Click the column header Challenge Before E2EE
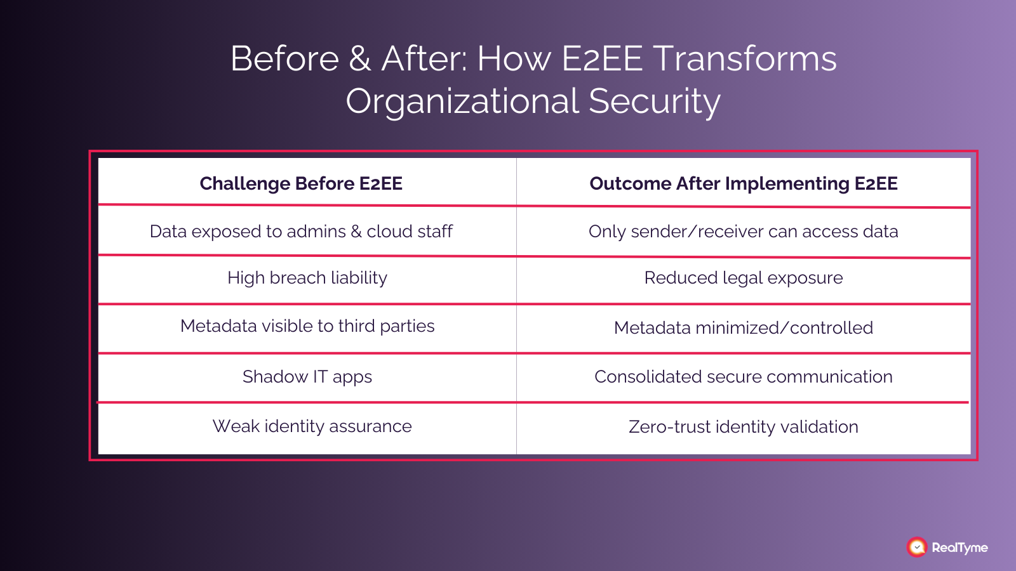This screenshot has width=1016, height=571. click(x=301, y=183)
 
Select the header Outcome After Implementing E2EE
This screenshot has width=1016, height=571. click(x=744, y=183)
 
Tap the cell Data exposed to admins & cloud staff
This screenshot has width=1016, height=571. click(x=301, y=232)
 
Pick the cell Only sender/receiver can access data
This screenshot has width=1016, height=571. click(x=744, y=232)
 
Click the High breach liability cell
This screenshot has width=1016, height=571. click(x=307, y=278)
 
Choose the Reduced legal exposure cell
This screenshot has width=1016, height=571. click(x=744, y=278)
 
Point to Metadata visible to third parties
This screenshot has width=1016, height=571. click(x=307, y=326)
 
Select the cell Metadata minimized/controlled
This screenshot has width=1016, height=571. click(x=744, y=328)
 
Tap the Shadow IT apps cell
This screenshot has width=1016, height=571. click(x=307, y=377)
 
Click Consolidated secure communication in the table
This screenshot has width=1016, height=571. click(x=744, y=377)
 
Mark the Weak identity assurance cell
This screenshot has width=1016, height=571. click(x=312, y=426)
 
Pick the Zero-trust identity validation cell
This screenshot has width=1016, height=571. click(x=744, y=427)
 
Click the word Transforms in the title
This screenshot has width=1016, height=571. click(x=745, y=59)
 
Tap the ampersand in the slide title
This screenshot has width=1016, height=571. click(x=360, y=59)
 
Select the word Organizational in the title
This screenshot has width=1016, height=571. click(x=462, y=102)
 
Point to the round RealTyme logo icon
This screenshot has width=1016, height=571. click(x=916, y=547)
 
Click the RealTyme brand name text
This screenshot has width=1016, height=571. click(x=959, y=548)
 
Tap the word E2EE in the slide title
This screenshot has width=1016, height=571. click(x=602, y=59)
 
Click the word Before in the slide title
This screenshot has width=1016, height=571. click(x=284, y=59)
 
